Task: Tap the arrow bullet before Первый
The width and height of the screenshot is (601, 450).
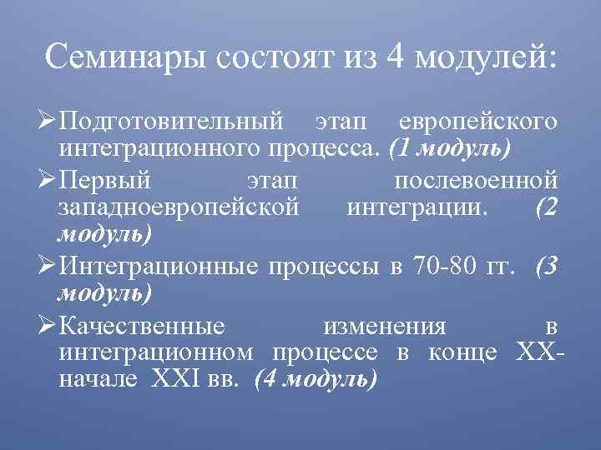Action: [x=48, y=179]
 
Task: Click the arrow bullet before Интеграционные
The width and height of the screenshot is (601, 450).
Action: [x=48, y=267]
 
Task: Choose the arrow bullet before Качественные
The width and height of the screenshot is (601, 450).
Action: [x=48, y=324]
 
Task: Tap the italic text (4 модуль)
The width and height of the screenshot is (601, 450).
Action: [x=316, y=379]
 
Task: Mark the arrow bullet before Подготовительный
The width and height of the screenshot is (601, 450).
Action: [x=48, y=122]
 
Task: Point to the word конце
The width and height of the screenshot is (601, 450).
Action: [x=464, y=352]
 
